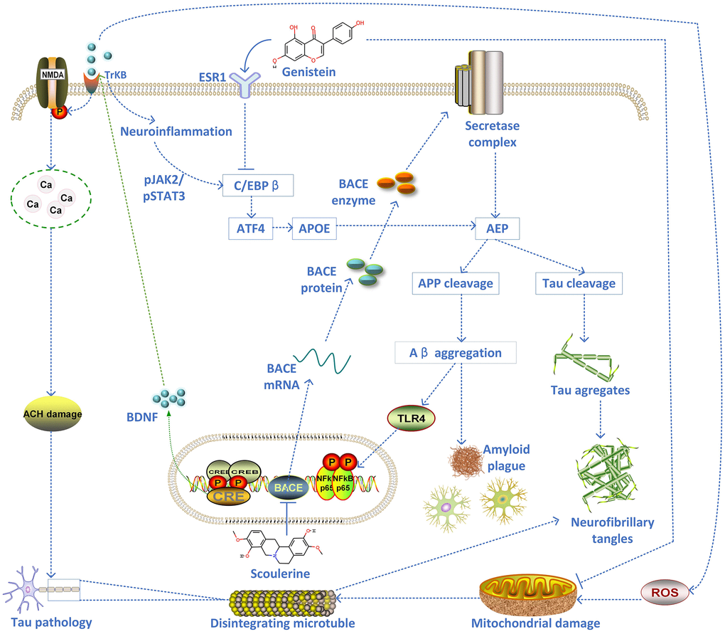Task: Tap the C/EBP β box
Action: (255, 186)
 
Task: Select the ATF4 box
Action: (249, 229)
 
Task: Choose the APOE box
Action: (314, 229)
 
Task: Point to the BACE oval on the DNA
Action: (289, 487)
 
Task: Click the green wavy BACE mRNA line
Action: (323, 359)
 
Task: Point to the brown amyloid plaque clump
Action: (466, 461)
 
